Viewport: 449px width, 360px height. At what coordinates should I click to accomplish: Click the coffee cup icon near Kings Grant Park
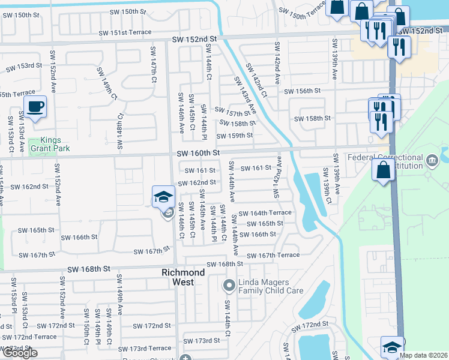click(35, 108)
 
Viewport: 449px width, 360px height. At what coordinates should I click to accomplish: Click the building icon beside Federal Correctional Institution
click(432, 160)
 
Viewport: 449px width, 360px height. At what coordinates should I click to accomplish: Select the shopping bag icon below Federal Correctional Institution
click(384, 170)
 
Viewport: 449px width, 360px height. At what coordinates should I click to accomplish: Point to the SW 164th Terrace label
click(265, 213)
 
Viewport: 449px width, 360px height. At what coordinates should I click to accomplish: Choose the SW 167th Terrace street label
click(273, 255)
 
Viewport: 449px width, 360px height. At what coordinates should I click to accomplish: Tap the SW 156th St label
click(303, 91)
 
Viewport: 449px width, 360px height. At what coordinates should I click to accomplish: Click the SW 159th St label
click(235, 136)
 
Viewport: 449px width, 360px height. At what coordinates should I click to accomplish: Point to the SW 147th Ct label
click(153, 64)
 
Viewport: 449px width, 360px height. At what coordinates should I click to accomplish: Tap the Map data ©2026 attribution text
click(423, 355)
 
